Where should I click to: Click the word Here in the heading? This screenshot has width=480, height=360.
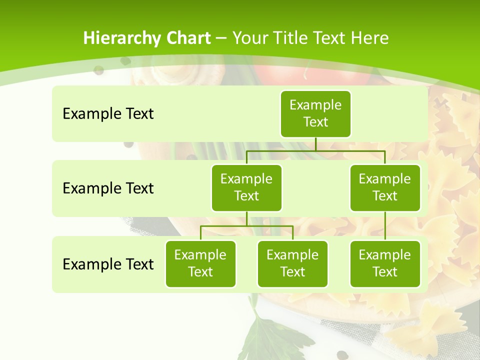coord(370,38)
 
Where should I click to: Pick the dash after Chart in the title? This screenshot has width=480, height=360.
coord(221,38)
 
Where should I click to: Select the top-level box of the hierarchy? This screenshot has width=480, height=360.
coord(315,113)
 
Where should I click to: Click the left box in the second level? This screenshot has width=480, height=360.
coord(246,187)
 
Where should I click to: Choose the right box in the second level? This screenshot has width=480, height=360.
coord(385,187)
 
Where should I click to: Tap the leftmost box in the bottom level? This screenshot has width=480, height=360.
coord(200,263)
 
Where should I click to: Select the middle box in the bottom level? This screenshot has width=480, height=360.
coord(292,263)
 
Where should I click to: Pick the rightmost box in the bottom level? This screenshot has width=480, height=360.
coord(385,263)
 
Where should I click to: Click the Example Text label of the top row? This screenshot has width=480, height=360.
coord(108,114)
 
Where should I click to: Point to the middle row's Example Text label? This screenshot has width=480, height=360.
coord(108,188)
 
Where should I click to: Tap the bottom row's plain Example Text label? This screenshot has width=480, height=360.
coord(108,264)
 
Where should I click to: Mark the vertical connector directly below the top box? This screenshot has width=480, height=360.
coord(315,144)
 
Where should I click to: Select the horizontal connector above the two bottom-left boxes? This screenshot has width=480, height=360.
coord(246,226)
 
